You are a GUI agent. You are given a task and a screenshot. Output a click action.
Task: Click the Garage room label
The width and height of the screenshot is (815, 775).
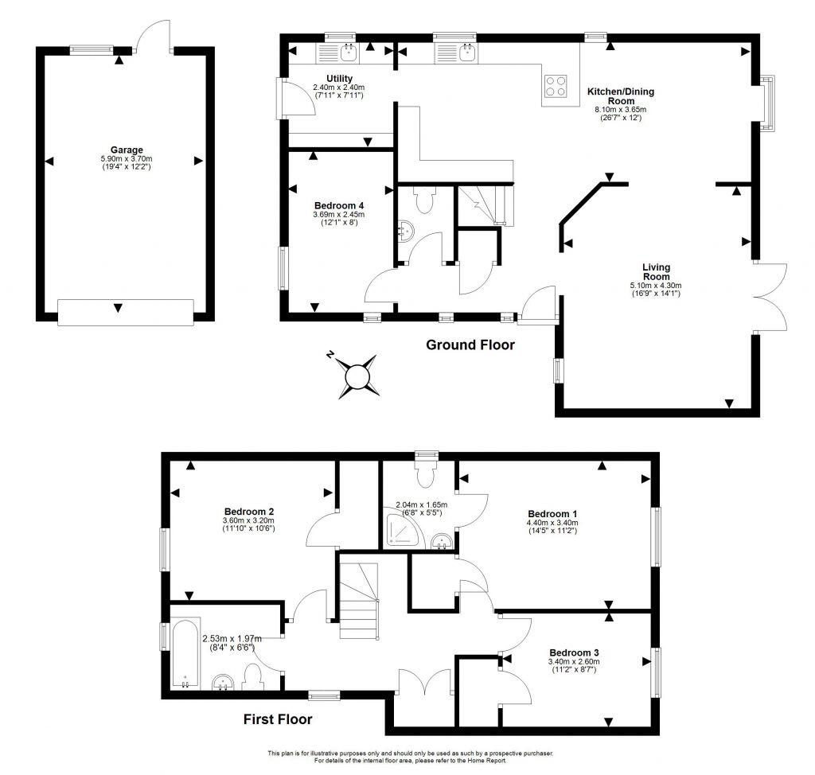click(x=127, y=150)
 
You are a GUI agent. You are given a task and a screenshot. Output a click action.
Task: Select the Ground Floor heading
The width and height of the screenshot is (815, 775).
click(x=470, y=345)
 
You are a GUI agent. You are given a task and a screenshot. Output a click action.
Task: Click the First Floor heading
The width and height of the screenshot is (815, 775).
click(x=277, y=719)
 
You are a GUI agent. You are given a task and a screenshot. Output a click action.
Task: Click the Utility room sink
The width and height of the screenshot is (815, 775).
click(x=349, y=53)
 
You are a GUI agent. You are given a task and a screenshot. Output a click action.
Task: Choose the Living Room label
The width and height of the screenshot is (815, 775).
click(x=657, y=271)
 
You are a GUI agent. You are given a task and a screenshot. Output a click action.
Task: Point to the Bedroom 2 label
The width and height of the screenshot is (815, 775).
click(x=249, y=511)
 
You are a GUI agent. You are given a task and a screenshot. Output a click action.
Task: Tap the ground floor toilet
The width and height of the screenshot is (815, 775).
click(x=423, y=201)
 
